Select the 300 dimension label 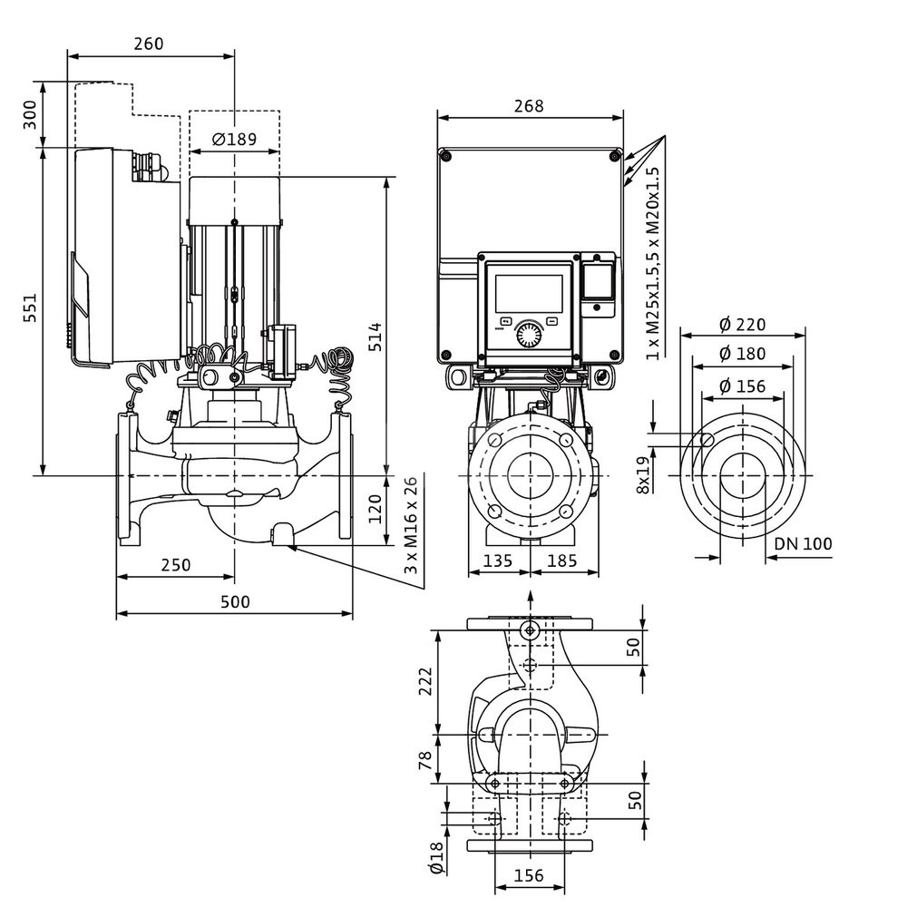pos(30,115)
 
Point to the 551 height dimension pos(30,311)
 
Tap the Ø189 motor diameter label pos(234,139)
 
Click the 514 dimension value pos(375,336)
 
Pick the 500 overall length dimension pos(234,601)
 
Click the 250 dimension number pos(175,564)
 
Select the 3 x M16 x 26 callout pos(412,526)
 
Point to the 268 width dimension pos(529,106)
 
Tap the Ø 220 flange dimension pos(743,325)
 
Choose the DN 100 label pos(804,544)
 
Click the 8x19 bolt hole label pos(643,473)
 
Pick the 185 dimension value pos(562,561)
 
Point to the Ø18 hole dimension pos(436,857)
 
